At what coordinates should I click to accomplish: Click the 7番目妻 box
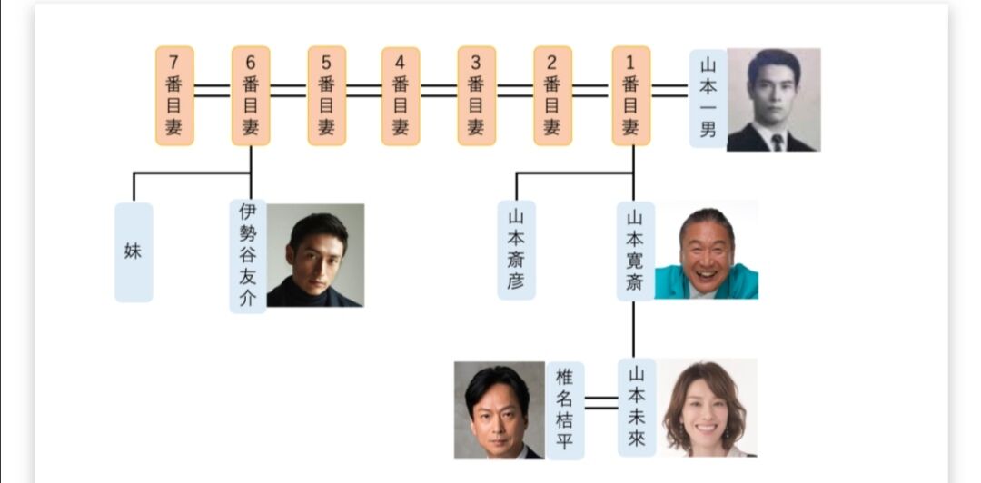(x=174, y=95)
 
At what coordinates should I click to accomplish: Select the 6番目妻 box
(x=251, y=95)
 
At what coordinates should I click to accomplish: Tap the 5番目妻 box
(x=326, y=95)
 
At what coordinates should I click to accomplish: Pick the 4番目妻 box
(x=401, y=95)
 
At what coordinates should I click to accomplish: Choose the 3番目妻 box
(x=476, y=95)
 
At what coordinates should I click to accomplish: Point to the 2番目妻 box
(x=551, y=95)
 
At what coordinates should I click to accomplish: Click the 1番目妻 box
(x=630, y=95)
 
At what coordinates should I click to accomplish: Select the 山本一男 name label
(x=708, y=98)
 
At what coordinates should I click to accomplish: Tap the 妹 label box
(x=134, y=251)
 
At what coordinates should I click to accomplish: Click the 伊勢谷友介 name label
(x=247, y=255)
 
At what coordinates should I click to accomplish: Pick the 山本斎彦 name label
(x=516, y=250)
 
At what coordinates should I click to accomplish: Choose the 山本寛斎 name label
(x=635, y=250)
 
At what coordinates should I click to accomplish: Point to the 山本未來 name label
(x=636, y=409)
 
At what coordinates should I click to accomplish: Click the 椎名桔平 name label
(x=565, y=410)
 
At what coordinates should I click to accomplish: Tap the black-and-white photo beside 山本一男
(x=773, y=99)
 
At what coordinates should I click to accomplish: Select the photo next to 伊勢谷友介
(x=315, y=254)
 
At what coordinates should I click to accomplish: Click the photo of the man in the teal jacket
(x=706, y=250)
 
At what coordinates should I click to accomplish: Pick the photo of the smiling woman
(x=707, y=408)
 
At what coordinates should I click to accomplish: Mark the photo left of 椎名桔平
(x=499, y=410)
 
